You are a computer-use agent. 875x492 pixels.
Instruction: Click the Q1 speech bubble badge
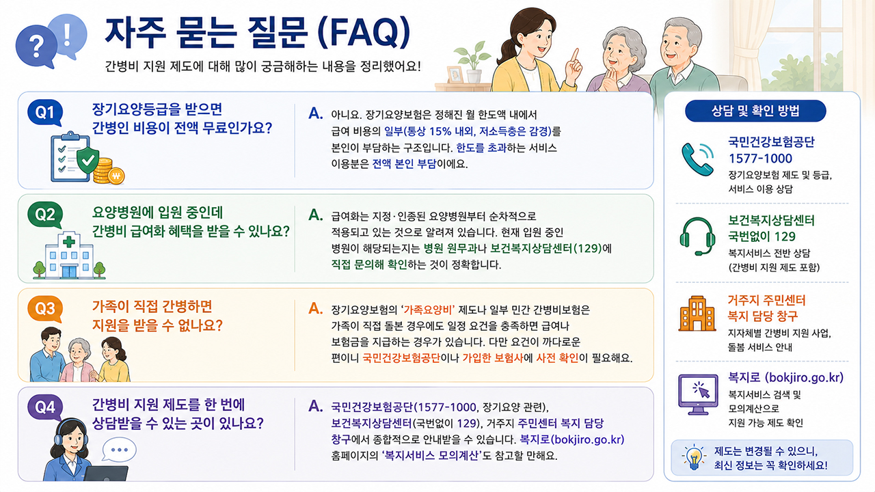[x=45, y=113]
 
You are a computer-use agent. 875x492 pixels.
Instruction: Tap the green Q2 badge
[x=45, y=215]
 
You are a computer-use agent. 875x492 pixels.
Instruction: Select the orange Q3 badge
[x=45, y=309]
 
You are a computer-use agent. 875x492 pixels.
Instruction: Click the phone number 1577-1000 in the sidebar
[x=760, y=159]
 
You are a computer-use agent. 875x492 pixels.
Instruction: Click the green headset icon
[x=698, y=236]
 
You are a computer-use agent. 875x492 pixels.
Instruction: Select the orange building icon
[x=697, y=314]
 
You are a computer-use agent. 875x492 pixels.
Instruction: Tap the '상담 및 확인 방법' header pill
[x=755, y=111]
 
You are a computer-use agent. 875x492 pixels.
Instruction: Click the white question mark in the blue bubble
[x=37, y=46]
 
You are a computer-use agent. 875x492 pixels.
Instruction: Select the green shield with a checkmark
[x=87, y=160]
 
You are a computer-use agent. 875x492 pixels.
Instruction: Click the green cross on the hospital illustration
[x=69, y=242]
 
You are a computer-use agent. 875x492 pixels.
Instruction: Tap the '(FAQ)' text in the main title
[x=364, y=33]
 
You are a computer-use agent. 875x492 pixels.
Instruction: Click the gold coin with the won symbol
[x=116, y=176]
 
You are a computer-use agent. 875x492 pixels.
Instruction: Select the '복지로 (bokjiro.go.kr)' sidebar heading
[x=785, y=378]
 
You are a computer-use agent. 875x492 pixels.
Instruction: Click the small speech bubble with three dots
[x=119, y=450]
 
